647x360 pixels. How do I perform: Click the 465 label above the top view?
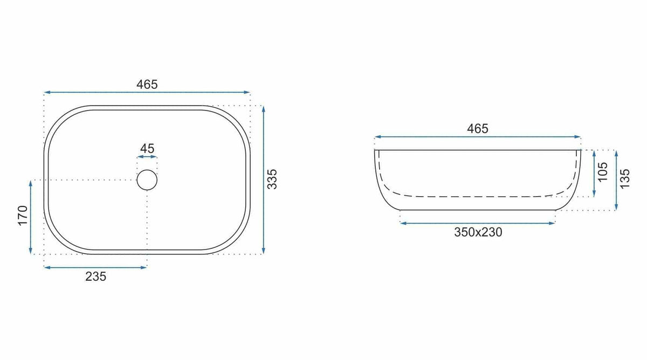point(147,84)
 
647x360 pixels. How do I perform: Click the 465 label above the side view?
point(478,128)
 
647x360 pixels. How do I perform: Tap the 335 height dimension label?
point(272,179)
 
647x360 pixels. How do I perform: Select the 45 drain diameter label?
point(147,148)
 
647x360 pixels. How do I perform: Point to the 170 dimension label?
point(23,216)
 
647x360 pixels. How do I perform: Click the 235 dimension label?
point(95,276)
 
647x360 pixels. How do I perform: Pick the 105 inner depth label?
point(603,172)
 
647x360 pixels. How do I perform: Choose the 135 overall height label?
point(625,179)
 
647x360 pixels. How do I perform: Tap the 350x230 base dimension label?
point(478,232)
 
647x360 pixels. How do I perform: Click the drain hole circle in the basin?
point(147,170)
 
